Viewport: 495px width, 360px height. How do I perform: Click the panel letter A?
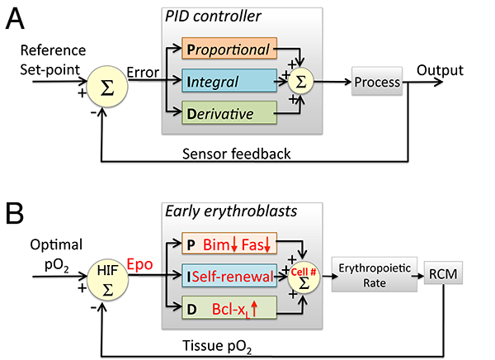(x=16, y=18)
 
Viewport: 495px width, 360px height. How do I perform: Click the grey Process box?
(x=376, y=83)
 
